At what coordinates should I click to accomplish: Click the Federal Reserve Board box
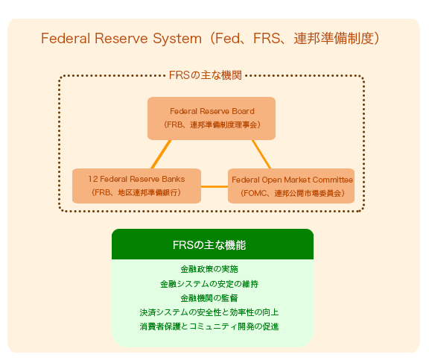point(212,118)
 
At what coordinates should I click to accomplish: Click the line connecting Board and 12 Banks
point(160,154)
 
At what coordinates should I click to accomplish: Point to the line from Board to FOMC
point(261,154)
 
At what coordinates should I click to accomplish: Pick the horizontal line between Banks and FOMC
point(214,186)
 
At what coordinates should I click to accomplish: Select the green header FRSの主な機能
point(212,244)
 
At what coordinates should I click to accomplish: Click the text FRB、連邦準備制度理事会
point(212,124)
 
